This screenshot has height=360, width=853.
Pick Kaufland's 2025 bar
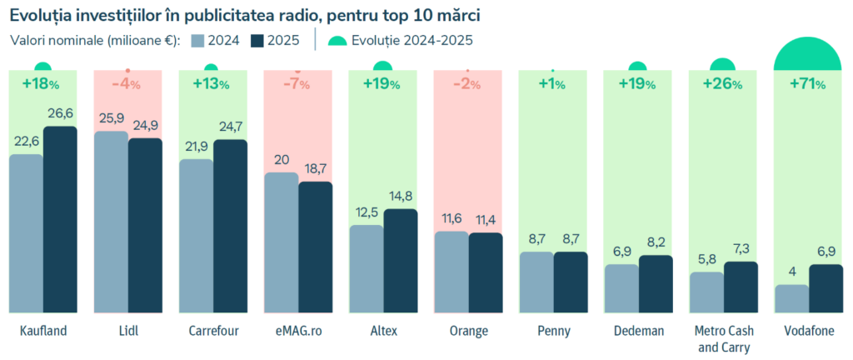pyautogui.click(x=60, y=220)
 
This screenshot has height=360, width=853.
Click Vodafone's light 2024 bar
pyautogui.click(x=791, y=298)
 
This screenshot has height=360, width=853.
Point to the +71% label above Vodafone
pyautogui.click(x=807, y=83)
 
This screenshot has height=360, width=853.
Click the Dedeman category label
pyautogui.click(x=638, y=332)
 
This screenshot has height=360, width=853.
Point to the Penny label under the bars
pyautogui.click(x=553, y=332)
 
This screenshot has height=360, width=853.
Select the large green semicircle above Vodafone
pyautogui.click(x=807, y=57)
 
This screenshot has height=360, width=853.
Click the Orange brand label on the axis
pyautogui.click(x=468, y=332)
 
